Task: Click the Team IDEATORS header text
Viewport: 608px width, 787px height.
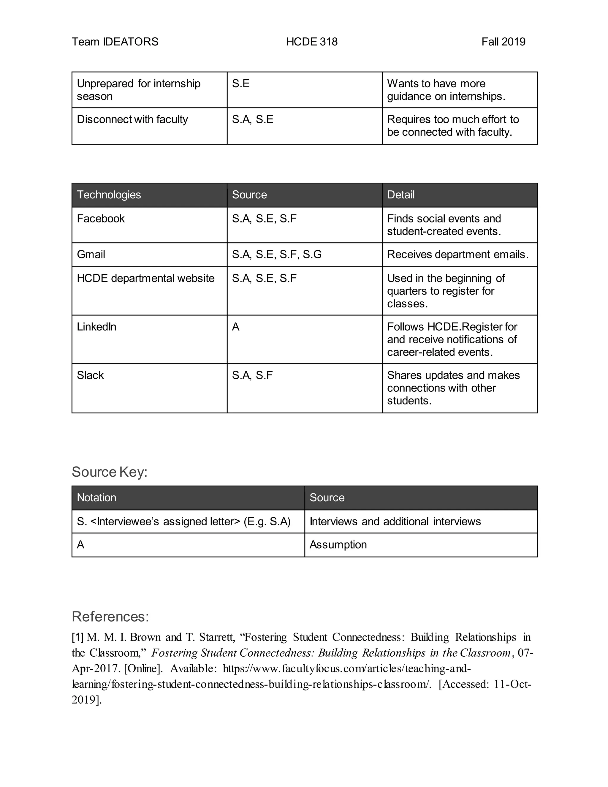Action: click(115, 42)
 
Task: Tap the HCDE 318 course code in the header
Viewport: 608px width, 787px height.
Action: click(311, 42)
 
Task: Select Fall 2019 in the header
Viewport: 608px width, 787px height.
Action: click(503, 42)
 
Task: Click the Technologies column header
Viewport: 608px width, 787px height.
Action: click(109, 195)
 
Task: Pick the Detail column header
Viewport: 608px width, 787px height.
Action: click(400, 195)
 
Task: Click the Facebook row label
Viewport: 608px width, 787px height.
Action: click(101, 219)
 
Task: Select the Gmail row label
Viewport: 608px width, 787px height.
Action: click(91, 255)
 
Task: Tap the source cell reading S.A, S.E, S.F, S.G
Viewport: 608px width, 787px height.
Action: click(276, 255)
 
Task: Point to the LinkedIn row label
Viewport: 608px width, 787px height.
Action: click(96, 327)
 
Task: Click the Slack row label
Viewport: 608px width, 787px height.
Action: click(90, 375)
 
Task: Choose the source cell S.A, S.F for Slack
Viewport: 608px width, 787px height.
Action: click(252, 375)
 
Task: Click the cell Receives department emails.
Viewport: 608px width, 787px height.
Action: click(457, 255)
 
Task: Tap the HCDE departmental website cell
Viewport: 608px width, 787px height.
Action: click(145, 279)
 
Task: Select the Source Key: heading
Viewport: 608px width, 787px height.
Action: click(110, 472)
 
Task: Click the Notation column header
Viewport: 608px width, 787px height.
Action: click(96, 498)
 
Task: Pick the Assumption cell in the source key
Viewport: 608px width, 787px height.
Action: click(338, 544)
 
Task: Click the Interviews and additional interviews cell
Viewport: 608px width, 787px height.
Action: click(395, 521)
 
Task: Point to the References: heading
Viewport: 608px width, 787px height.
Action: click(110, 617)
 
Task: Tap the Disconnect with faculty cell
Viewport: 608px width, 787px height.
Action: click(132, 120)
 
